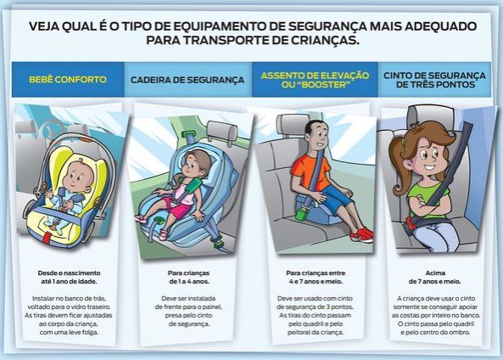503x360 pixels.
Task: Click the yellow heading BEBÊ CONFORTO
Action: coord(68,79)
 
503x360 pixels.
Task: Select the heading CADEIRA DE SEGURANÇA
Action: coord(187,80)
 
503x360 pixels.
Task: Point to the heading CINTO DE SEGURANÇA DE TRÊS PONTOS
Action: coord(434,80)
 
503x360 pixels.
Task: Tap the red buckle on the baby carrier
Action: coord(48,237)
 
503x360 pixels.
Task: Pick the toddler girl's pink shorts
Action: coord(176,208)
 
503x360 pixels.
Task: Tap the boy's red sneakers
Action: coord(362,234)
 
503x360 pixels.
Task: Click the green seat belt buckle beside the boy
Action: coord(302,214)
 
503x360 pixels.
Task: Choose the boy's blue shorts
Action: coord(336,196)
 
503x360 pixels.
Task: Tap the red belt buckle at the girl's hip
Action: coord(409,222)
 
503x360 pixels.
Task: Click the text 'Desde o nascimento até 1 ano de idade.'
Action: coord(69,277)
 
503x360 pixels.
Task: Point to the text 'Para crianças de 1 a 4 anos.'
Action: coord(189,277)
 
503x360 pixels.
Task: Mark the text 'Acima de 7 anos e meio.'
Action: coord(435,277)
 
